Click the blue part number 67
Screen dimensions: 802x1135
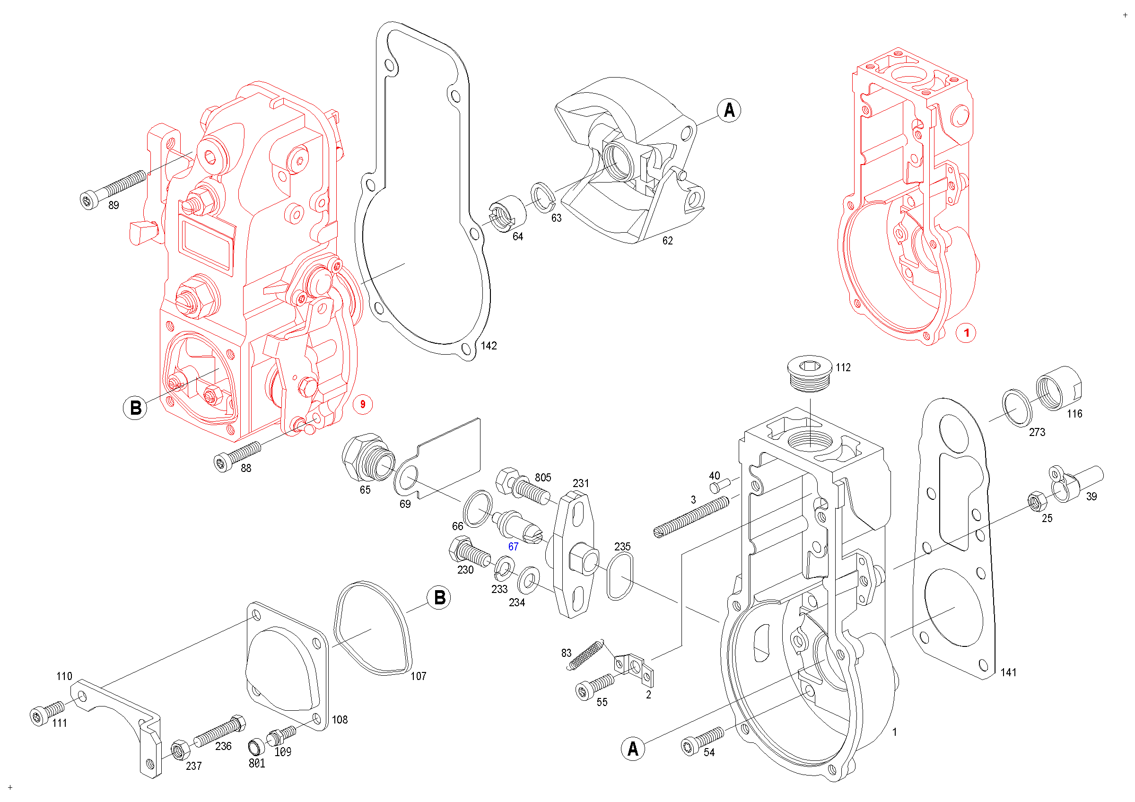pos(513,547)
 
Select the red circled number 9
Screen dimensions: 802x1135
pos(362,404)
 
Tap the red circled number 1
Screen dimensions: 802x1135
pos(967,332)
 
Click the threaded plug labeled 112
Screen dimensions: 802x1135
pos(810,374)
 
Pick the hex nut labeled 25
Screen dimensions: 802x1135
pos(1037,502)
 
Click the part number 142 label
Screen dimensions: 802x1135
pos(489,346)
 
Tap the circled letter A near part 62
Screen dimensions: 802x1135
pos(729,110)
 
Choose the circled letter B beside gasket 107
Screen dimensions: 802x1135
pos(439,597)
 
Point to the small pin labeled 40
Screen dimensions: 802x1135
pos(720,485)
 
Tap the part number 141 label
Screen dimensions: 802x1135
pos(1008,672)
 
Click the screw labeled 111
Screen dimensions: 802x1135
pos(46,713)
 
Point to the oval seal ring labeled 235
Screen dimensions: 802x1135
pos(620,576)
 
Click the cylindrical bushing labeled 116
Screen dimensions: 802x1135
pos(1058,388)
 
